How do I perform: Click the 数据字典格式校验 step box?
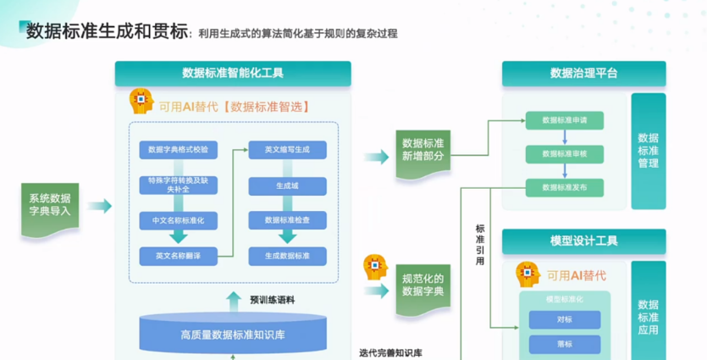pyautogui.click(x=178, y=149)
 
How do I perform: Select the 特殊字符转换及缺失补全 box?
pyautogui.click(x=178, y=186)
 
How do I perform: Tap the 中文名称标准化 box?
pyautogui.click(x=178, y=221)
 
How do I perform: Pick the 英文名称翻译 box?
pyautogui.click(x=178, y=255)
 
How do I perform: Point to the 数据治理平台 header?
pyautogui.click(x=583, y=74)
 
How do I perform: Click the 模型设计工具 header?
pyautogui.click(x=583, y=241)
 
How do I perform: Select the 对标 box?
pyautogui.click(x=565, y=319)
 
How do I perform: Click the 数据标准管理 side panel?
pyautogui.click(x=649, y=150)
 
